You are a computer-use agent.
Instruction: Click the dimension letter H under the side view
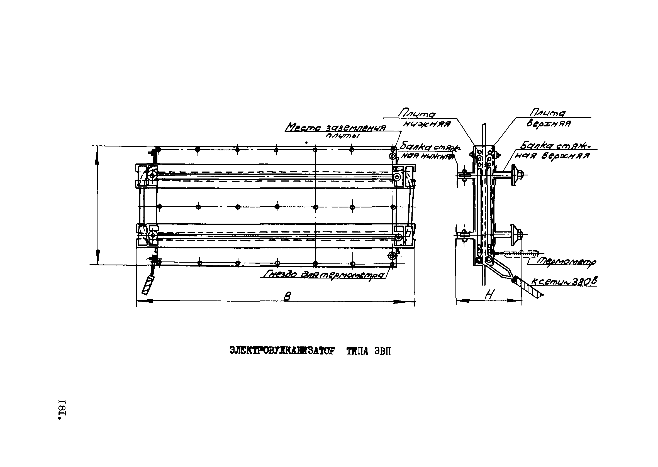[489, 294]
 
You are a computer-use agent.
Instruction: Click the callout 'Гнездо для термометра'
[324, 275]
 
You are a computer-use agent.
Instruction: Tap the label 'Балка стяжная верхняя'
[555, 151]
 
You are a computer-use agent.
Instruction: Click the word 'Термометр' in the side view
[566, 262]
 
